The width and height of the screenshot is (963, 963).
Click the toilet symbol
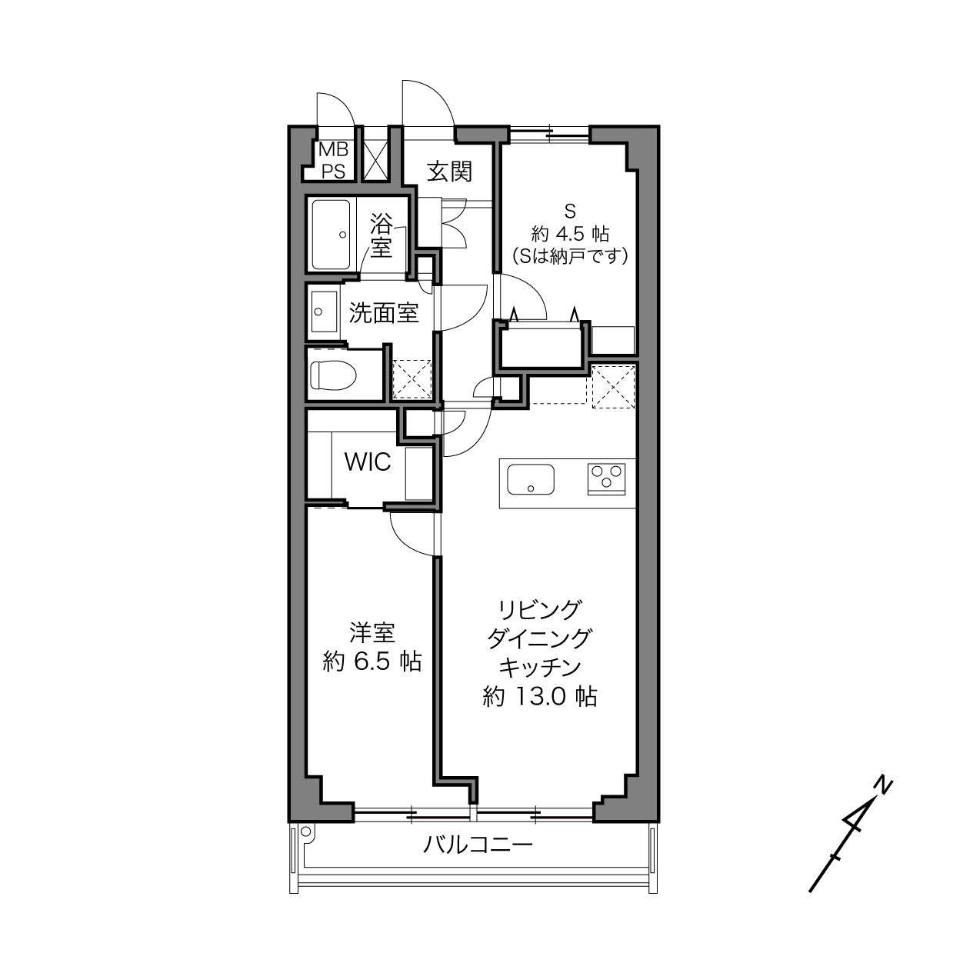tap(333, 375)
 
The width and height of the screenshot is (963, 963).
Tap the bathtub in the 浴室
tap(332, 235)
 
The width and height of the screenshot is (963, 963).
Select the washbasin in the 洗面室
tap(324, 312)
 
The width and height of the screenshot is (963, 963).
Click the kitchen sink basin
tap(531, 479)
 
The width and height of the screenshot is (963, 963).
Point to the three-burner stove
tap(607, 479)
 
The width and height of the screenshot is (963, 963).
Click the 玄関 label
tap(449, 172)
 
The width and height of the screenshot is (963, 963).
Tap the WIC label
tap(368, 462)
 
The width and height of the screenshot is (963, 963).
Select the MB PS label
tap(333, 160)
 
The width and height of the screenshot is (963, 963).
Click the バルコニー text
tap(478, 845)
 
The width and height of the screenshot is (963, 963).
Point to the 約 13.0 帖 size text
tap(540, 696)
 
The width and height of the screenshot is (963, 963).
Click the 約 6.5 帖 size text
tap(372, 661)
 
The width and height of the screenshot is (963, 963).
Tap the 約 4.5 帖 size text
tap(570, 234)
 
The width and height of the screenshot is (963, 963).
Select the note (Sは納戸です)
tap(570, 256)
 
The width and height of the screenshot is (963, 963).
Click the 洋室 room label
tap(372, 634)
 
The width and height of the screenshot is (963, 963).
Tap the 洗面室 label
tap(383, 313)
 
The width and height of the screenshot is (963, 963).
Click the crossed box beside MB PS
tap(375, 161)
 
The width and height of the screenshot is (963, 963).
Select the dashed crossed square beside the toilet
tap(412, 378)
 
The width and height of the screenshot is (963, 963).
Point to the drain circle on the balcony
tap(306, 830)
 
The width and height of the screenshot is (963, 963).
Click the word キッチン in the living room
tap(540, 668)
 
